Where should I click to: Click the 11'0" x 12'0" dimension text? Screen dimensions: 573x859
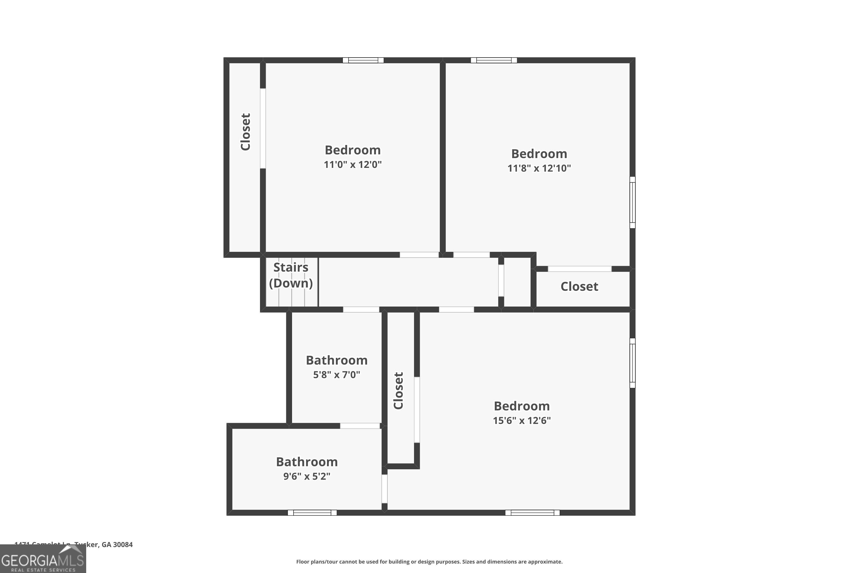[x=352, y=164]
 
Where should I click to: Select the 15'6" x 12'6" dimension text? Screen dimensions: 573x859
[x=521, y=421]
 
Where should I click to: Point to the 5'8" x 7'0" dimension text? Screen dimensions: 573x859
[x=336, y=374]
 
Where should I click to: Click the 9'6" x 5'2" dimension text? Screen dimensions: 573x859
[x=307, y=476]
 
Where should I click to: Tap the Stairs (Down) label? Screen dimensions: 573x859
[x=291, y=275]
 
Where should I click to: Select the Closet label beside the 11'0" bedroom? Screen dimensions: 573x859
[x=245, y=132]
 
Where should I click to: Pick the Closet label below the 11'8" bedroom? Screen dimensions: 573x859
[x=579, y=286]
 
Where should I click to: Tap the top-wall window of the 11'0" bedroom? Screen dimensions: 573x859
[x=363, y=60]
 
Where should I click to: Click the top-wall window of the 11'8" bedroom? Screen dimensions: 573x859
[x=494, y=60]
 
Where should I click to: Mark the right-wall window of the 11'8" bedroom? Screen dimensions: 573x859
[x=633, y=203]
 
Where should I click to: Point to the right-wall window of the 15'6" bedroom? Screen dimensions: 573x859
[x=633, y=363]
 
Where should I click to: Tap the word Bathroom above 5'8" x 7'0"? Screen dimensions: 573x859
[x=336, y=360]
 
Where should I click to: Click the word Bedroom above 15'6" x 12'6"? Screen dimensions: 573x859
[x=521, y=406]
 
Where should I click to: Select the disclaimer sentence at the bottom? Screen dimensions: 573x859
[x=429, y=562]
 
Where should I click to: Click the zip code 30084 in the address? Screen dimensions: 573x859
[x=123, y=545]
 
